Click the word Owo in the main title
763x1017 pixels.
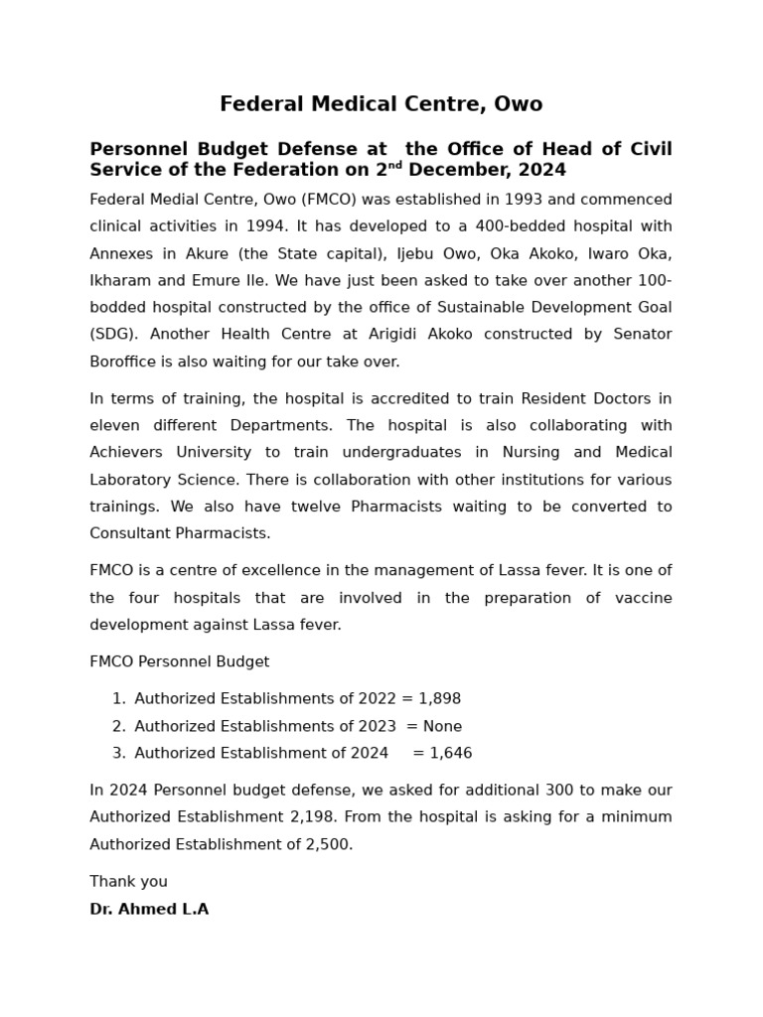[x=519, y=104]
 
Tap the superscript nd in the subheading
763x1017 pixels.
[x=395, y=166]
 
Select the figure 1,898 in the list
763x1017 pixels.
[x=438, y=699]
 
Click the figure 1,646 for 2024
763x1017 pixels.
[x=449, y=753]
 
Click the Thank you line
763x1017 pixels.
[x=128, y=882]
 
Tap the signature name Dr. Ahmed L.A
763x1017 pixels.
[x=149, y=909]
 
